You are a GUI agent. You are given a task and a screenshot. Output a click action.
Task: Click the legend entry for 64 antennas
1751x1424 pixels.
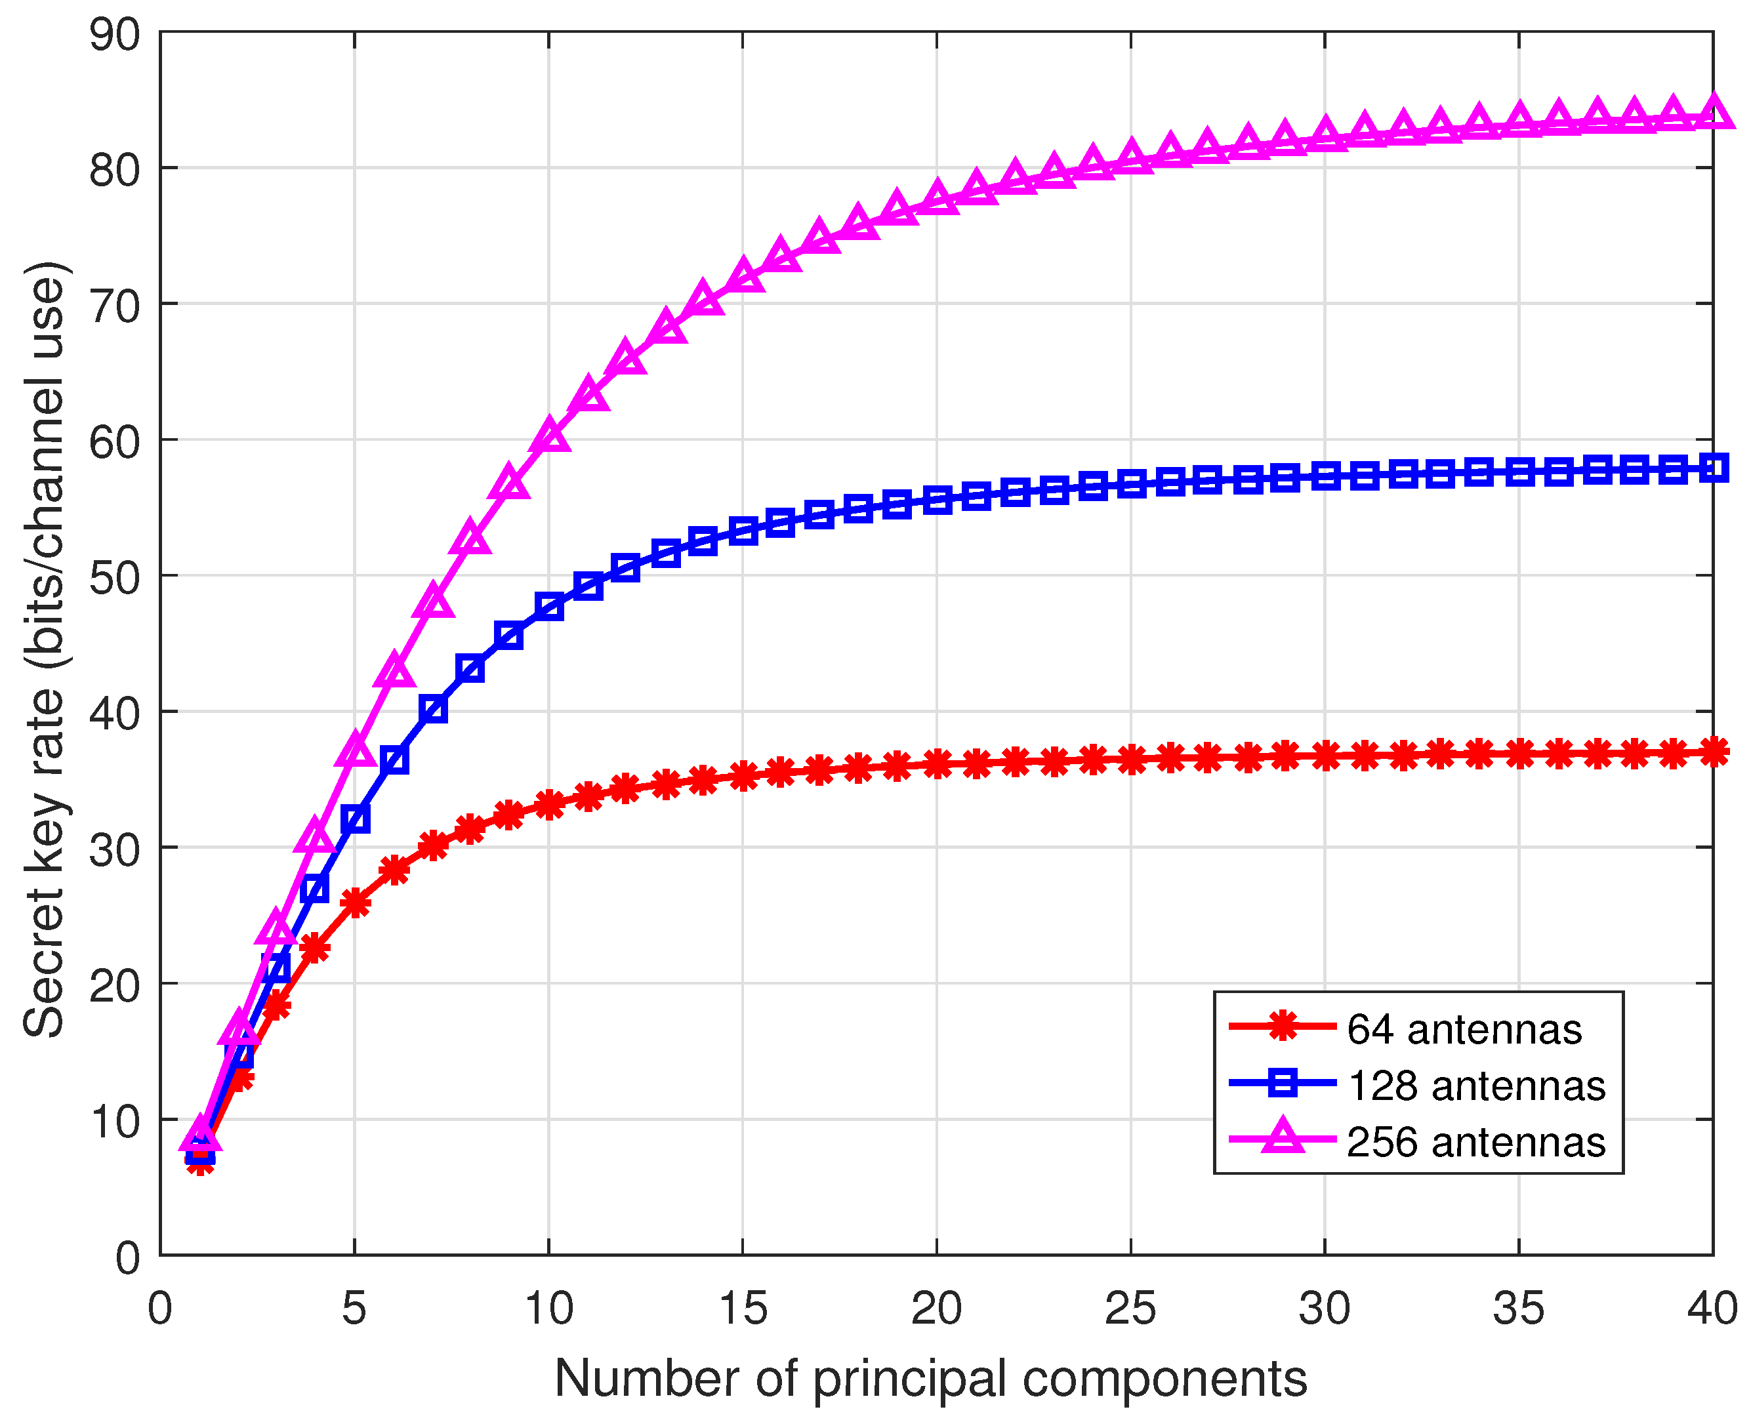(x=1463, y=1028)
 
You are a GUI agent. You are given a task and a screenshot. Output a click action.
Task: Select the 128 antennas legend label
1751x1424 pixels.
(x=1475, y=1086)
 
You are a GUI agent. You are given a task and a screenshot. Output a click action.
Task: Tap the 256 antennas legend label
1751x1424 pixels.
(x=1475, y=1142)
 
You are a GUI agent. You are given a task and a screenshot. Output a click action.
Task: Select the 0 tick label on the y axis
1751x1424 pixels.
(x=127, y=1257)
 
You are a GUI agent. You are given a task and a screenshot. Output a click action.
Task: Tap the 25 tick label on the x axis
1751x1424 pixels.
(x=1130, y=1309)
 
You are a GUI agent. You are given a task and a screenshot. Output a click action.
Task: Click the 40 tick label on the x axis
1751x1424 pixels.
(x=1711, y=1309)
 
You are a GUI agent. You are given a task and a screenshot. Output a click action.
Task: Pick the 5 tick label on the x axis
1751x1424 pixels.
(x=354, y=1309)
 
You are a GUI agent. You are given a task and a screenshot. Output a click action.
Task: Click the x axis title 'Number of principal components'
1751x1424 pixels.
(x=930, y=1378)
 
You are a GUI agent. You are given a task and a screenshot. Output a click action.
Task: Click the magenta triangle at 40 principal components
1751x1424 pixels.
(x=1712, y=112)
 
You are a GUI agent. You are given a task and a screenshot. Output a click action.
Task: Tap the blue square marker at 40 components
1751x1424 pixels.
(x=1712, y=468)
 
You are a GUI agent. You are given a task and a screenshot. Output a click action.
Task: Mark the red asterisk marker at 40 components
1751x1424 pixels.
(x=1712, y=752)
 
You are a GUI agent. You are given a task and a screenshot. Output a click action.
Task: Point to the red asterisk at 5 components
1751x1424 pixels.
(x=354, y=903)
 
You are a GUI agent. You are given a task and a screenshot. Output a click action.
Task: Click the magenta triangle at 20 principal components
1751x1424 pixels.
(x=937, y=197)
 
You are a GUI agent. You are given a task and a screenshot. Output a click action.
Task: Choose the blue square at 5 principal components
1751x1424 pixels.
(x=354, y=818)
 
